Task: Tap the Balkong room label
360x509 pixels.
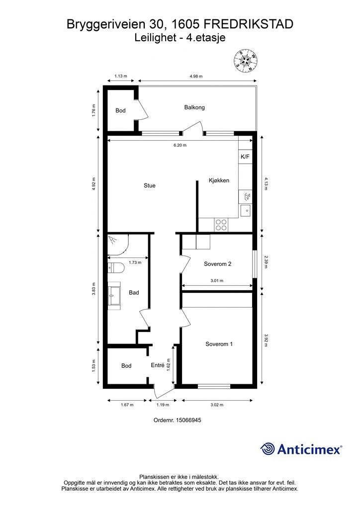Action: pyautogui.click(x=194, y=107)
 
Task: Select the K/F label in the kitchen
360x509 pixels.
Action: pyautogui.click(x=245, y=157)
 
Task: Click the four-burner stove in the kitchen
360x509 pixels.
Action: pyautogui.click(x=221, y=225)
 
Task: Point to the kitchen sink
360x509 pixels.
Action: pyautogui.click(x=246, y=211)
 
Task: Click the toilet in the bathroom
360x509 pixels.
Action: pyautogui.click(x=116, y=267)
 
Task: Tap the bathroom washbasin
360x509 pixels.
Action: pyautogui.click(x=114, y=295)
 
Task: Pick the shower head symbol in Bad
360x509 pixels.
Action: pyautogui.click(x=113, y=240)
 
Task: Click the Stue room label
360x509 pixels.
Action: pyautogui.click(x=150, y=186)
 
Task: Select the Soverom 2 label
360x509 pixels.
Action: pyautogui.click(x=217, y=264)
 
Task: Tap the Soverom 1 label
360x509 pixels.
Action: pyautogui.click(x=219, y=344)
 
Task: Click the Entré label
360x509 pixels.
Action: pyautogui.click(x=158, y=365)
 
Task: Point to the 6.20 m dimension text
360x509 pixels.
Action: pyautogui.click(x=180, y=145)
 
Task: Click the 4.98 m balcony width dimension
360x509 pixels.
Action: pyautogui.click(x=196, y=76)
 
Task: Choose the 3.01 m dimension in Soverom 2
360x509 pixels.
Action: pyautogui.click(x=217, y=281)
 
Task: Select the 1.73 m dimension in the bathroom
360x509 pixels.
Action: pyautogui.click(x=135, y=262)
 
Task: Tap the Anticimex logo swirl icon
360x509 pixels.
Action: pyautogui.click(x=268, y=449)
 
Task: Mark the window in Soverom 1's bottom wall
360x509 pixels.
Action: pyautogui.click(x=214, y=386)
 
